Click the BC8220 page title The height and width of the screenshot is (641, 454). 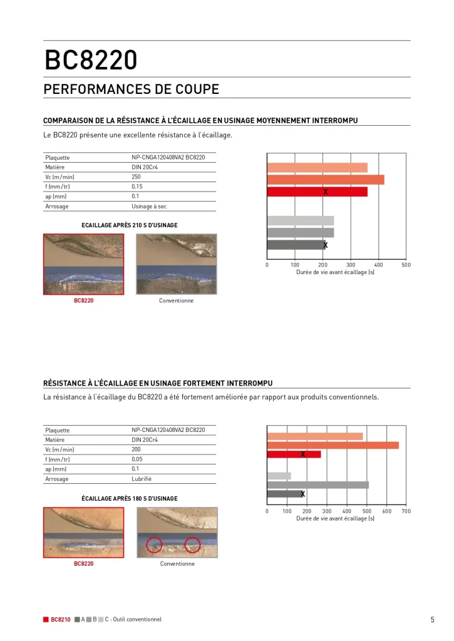click(x=90, y=61)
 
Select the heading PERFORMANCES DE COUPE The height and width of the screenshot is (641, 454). click(x=131, y=90)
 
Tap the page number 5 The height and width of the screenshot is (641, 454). click(x=432, y=620)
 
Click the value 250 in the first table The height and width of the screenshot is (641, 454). click(x=137, y=177)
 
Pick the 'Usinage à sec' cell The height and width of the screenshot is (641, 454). click(x=149, y=206)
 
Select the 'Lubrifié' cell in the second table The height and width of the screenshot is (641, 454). click(x=142, y=479)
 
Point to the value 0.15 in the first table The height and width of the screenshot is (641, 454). click(x=137, y=187)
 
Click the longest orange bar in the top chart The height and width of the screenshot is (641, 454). click(x=325, y=180)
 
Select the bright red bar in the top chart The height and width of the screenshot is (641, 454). click(x=317, y=192)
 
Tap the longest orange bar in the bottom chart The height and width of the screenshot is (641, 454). click(x=333, y=445)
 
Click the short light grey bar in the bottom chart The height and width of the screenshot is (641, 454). click(x=279, y=476)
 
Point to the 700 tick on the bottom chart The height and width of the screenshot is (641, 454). click(x=406, y=511)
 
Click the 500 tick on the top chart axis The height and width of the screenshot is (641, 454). click(x=406, y=265)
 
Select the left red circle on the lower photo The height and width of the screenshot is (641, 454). click(x=153, y=545)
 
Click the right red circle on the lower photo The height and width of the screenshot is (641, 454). click(x=192, y=545)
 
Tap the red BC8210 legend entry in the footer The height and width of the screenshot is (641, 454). click(x=57, y=620)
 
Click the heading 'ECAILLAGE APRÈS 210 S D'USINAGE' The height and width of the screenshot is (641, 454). click(x=130, y=225)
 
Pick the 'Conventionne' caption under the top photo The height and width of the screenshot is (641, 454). click(x=177, y=300)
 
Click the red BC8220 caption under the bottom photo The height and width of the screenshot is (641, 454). click(x=83, y=563)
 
